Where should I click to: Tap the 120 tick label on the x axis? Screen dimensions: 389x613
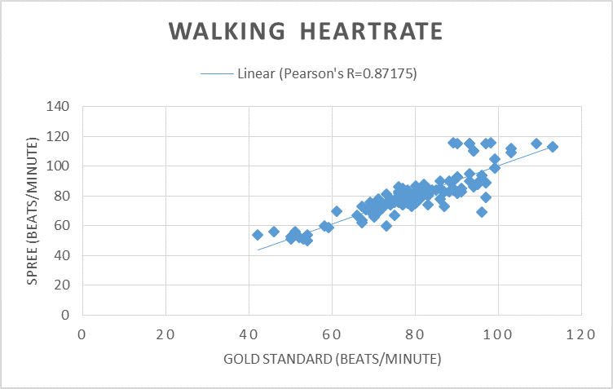[x=581, y=334]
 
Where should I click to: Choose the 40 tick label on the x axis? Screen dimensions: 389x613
[x=249, y=334]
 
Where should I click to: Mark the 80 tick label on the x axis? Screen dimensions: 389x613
[x=415, y=334]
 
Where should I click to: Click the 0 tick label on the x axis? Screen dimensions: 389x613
[x=82, y=334]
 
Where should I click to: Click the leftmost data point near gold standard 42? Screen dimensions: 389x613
[x=258, y=235]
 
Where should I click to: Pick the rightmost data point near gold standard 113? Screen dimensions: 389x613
[x=553, y=147]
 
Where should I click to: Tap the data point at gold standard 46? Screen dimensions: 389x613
[x=274, y=232]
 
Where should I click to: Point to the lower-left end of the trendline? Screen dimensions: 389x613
[x=258, y=250]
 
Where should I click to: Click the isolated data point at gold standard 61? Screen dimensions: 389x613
[x=337, y=211]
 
